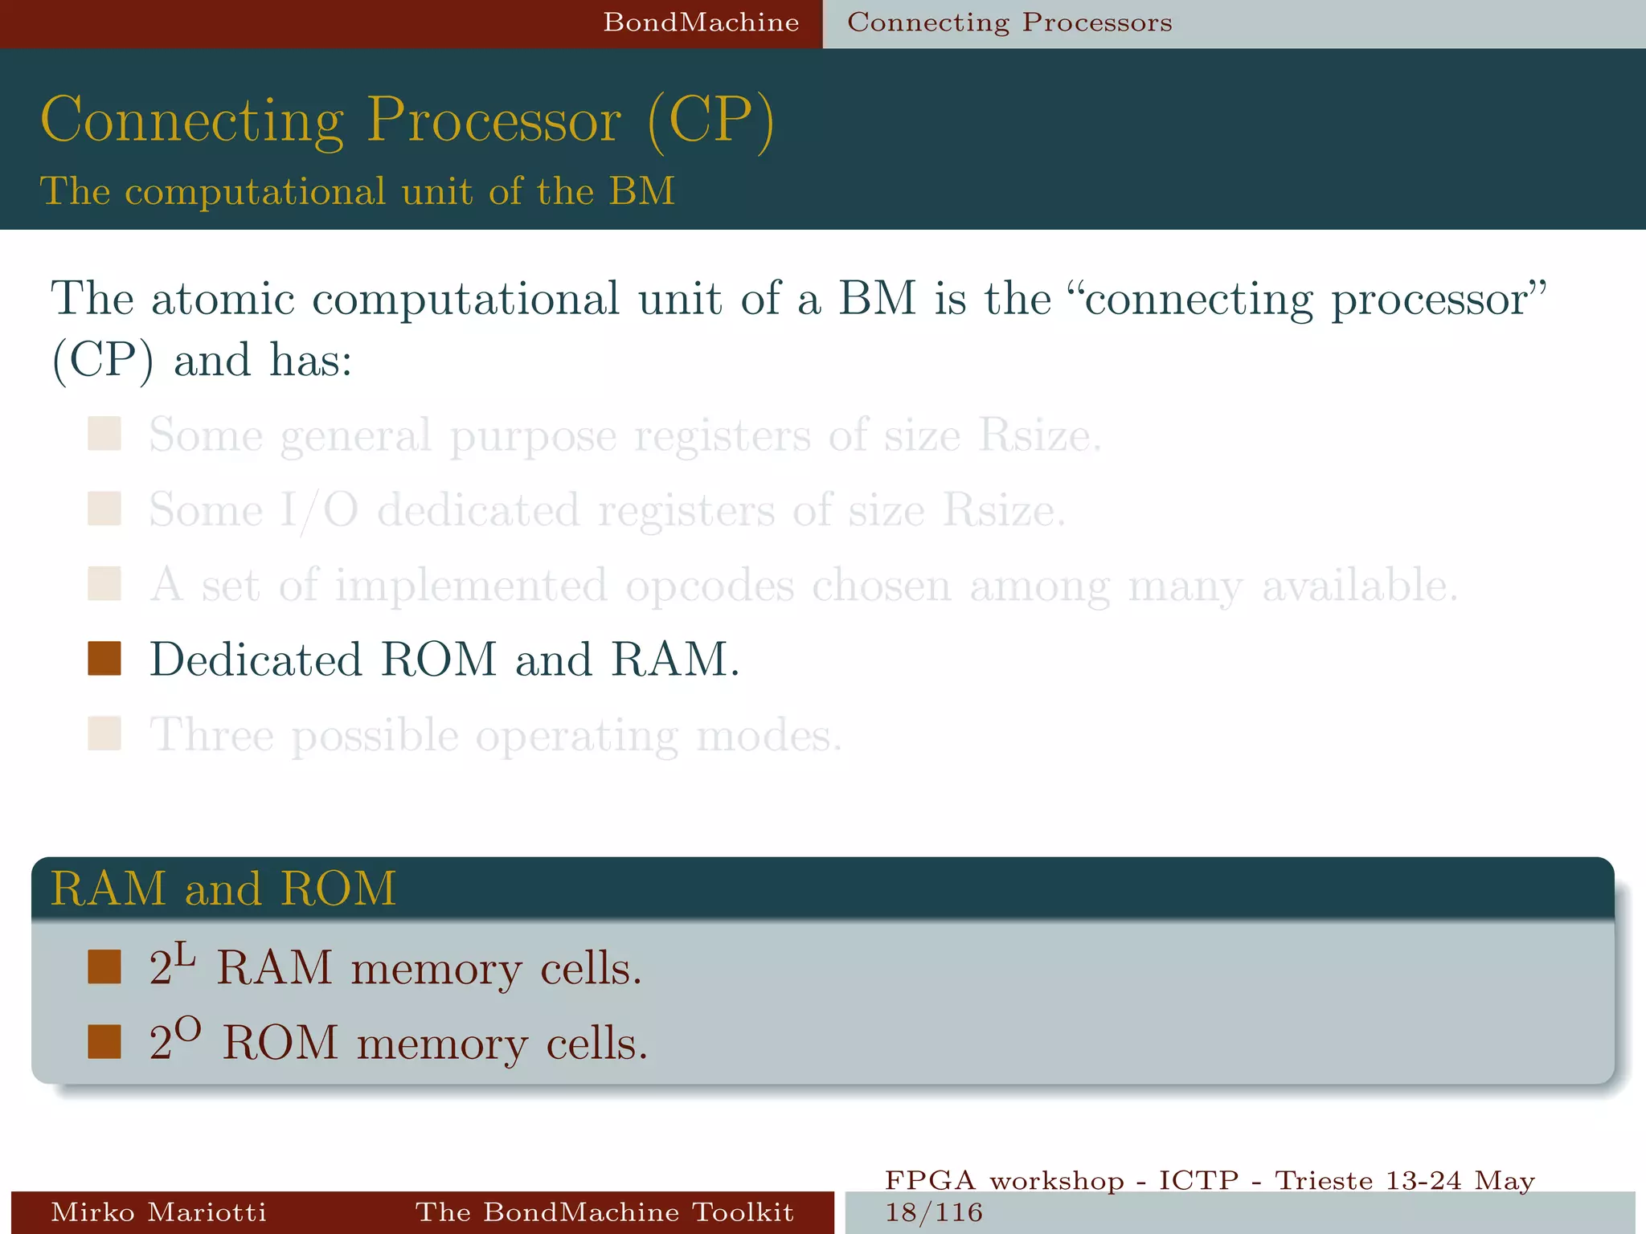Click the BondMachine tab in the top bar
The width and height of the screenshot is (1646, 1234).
tap(701, 22)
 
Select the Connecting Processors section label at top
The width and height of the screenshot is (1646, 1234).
tap(1009, 22)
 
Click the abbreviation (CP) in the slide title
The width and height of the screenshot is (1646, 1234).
tap(710, 121)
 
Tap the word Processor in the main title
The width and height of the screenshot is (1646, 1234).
tap(493, 121)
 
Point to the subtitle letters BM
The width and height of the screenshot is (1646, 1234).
tap(641, 191)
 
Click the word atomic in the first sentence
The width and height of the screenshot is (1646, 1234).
tap(223, 299)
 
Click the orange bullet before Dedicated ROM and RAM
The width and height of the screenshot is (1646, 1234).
tap(104, 659)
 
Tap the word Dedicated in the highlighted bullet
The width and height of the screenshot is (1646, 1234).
tap(256, 660)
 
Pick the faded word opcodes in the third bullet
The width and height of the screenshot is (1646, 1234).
tap(710, 586)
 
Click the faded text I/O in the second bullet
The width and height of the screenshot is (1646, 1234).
tap(319, 510)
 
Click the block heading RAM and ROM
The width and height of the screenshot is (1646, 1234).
tap(223, 889)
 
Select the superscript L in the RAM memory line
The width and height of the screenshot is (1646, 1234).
tap(186, 955)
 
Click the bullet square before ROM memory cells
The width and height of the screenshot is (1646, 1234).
tap(104, 1042)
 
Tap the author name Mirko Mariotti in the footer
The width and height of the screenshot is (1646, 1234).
tap(158, 1212)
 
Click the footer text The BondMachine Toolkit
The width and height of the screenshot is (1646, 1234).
tap(604, 1212)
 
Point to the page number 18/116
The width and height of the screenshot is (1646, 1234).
tap(934, 1212)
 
